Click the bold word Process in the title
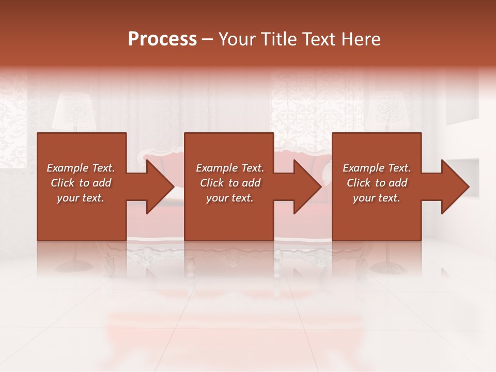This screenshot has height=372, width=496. (162, 39)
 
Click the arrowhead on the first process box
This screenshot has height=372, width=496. (159, 187)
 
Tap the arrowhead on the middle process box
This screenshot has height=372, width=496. (307, 187)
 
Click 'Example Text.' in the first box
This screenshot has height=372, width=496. (81, 168)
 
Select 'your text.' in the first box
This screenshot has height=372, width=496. (81, 198)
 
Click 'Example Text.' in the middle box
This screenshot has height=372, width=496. (230, 168)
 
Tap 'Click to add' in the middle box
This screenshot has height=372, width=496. (230, 183)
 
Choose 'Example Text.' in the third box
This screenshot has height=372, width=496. (377, 168)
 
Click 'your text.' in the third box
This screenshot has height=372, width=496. (377, 198)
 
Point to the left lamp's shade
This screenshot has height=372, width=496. (73, 111)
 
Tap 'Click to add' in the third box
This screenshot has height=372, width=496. (377, 183)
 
